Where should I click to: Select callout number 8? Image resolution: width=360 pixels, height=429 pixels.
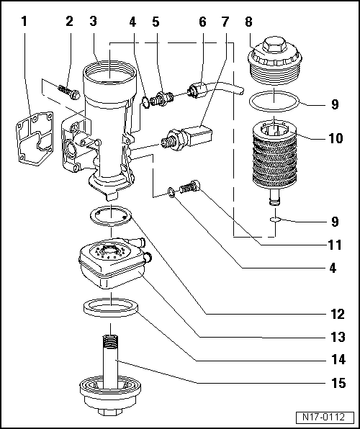pyautogui.click(x=250, y=21)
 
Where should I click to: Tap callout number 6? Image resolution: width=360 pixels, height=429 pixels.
pyautogui.click(x=202, y=21)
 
